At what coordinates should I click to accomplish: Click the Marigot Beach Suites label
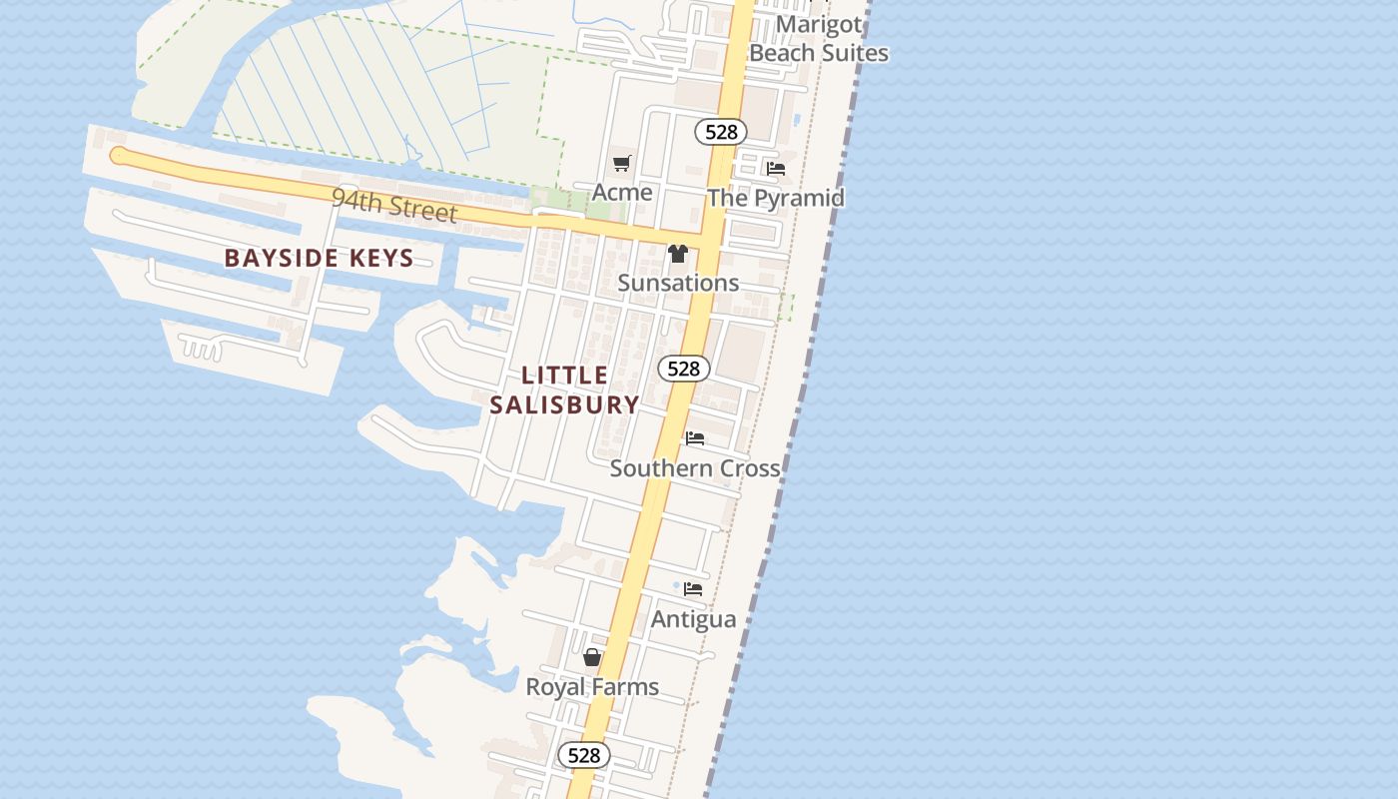coord(818,38)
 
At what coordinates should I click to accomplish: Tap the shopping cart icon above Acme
coord(622,163)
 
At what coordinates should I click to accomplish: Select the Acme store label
coord(622,192)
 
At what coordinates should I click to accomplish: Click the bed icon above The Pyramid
coord(776,169)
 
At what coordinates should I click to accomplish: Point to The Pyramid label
coord(775,198)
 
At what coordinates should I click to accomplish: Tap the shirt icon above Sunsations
coord(678,254)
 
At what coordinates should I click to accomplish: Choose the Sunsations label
coord(678,283)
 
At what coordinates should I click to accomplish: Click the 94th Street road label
coord(394,205)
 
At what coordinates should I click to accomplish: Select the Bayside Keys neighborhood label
coord(319,258)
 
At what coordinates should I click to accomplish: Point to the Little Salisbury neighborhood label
coord(565,390)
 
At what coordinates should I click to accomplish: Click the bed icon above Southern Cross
coord(695,438)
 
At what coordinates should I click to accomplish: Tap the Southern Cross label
coord(695,467)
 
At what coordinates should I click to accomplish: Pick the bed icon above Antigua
coord(693,589)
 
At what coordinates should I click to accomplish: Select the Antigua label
coord(693,619)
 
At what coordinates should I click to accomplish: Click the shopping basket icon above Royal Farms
coord(592,657)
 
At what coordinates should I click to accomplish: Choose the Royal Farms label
coord(592,687)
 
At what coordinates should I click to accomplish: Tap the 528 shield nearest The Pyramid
coord(721,132)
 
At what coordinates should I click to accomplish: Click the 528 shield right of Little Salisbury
coord(684,369)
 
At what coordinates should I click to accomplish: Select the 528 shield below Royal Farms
coord(583,755)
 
